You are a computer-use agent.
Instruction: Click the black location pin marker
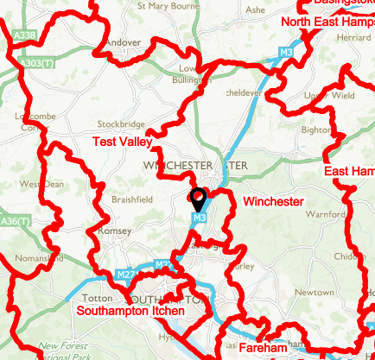point(198,199)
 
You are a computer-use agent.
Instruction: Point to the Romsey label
point(116,231)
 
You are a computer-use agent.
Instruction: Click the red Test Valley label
point(122,141)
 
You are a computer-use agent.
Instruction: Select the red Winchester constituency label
point(273,202)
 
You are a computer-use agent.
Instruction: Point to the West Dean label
point(41,184)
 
